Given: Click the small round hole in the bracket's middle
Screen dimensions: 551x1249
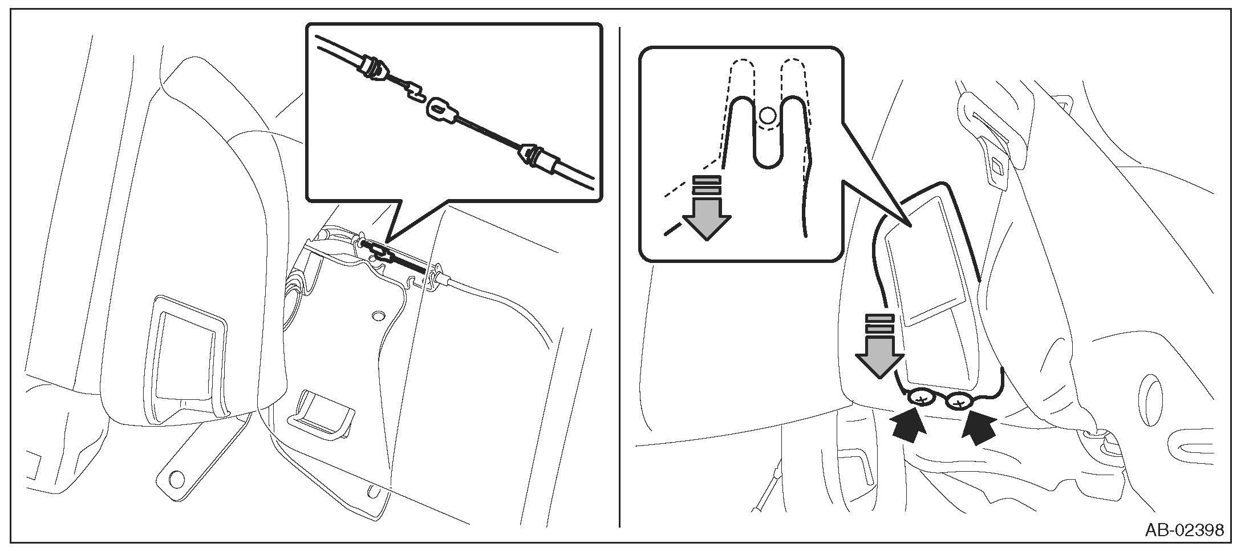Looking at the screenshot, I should [377, 316].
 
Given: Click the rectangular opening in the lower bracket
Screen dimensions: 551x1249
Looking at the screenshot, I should [322, 412].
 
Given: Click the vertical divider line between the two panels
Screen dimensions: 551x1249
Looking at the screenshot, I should [620, 274].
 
